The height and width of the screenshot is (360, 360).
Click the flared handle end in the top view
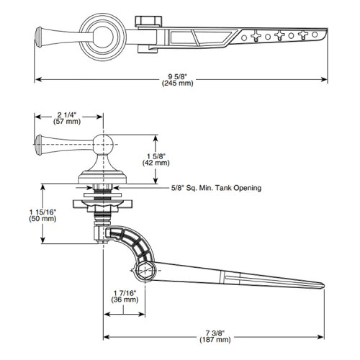[x=42, y=34]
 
